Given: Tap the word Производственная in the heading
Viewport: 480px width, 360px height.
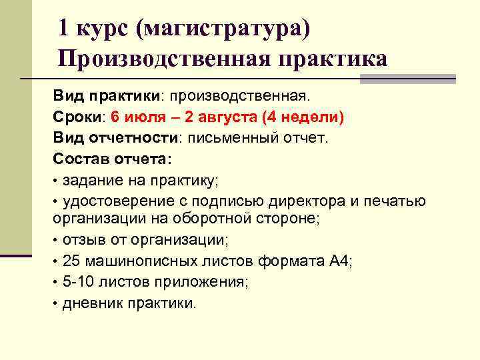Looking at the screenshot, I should (163, 59).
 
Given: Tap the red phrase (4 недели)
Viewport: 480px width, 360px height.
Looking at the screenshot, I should (303, 117).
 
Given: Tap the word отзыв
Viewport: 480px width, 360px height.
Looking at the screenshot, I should (82, 239).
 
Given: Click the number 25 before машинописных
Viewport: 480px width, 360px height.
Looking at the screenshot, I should (71, 260).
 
